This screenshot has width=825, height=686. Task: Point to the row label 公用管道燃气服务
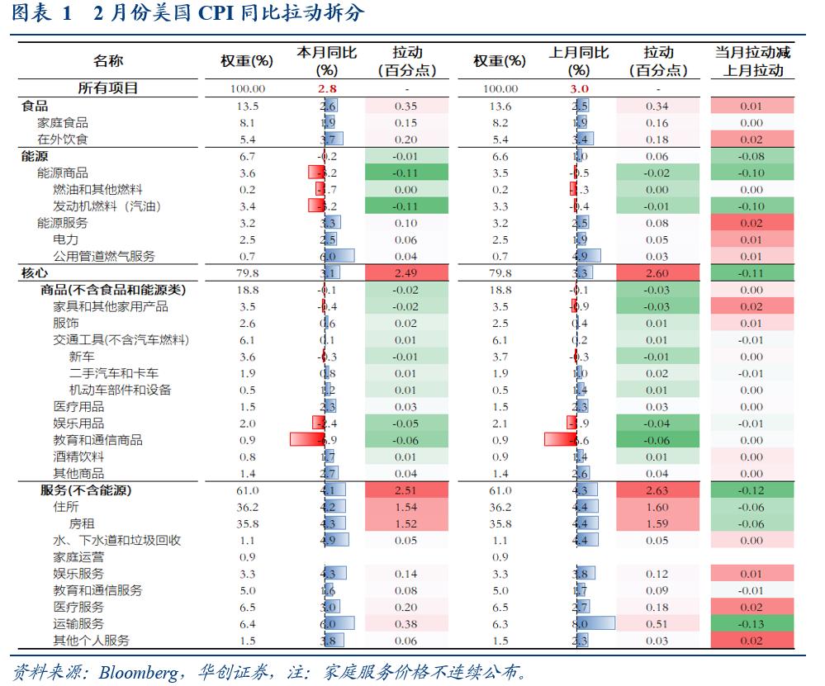[x=103, y=256]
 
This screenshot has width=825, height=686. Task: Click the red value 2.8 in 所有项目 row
[x=327, y=88]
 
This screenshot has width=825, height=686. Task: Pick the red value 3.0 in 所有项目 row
[x=579, y=88]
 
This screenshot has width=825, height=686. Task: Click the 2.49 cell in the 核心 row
[x=405, y=272]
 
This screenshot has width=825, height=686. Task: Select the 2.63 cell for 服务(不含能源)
[x=657, y=490]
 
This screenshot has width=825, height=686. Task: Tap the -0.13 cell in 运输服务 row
[x=752, y=624]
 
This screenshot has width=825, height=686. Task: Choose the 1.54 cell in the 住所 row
[x=405, y=507]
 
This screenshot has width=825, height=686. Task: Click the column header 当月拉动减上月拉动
[x=752, y=61]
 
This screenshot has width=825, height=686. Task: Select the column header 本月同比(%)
[x=327, y=61]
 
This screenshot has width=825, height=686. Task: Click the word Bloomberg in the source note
[x=136, y=672]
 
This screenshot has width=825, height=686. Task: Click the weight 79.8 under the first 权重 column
[x=248, y=272]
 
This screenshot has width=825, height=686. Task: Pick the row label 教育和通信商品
[x=97, y=440]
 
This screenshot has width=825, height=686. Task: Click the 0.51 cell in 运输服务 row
[x=657, y=624]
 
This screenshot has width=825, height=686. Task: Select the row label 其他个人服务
[x=91, y=641]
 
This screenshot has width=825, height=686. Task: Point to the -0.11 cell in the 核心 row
[x=752, y=272]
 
